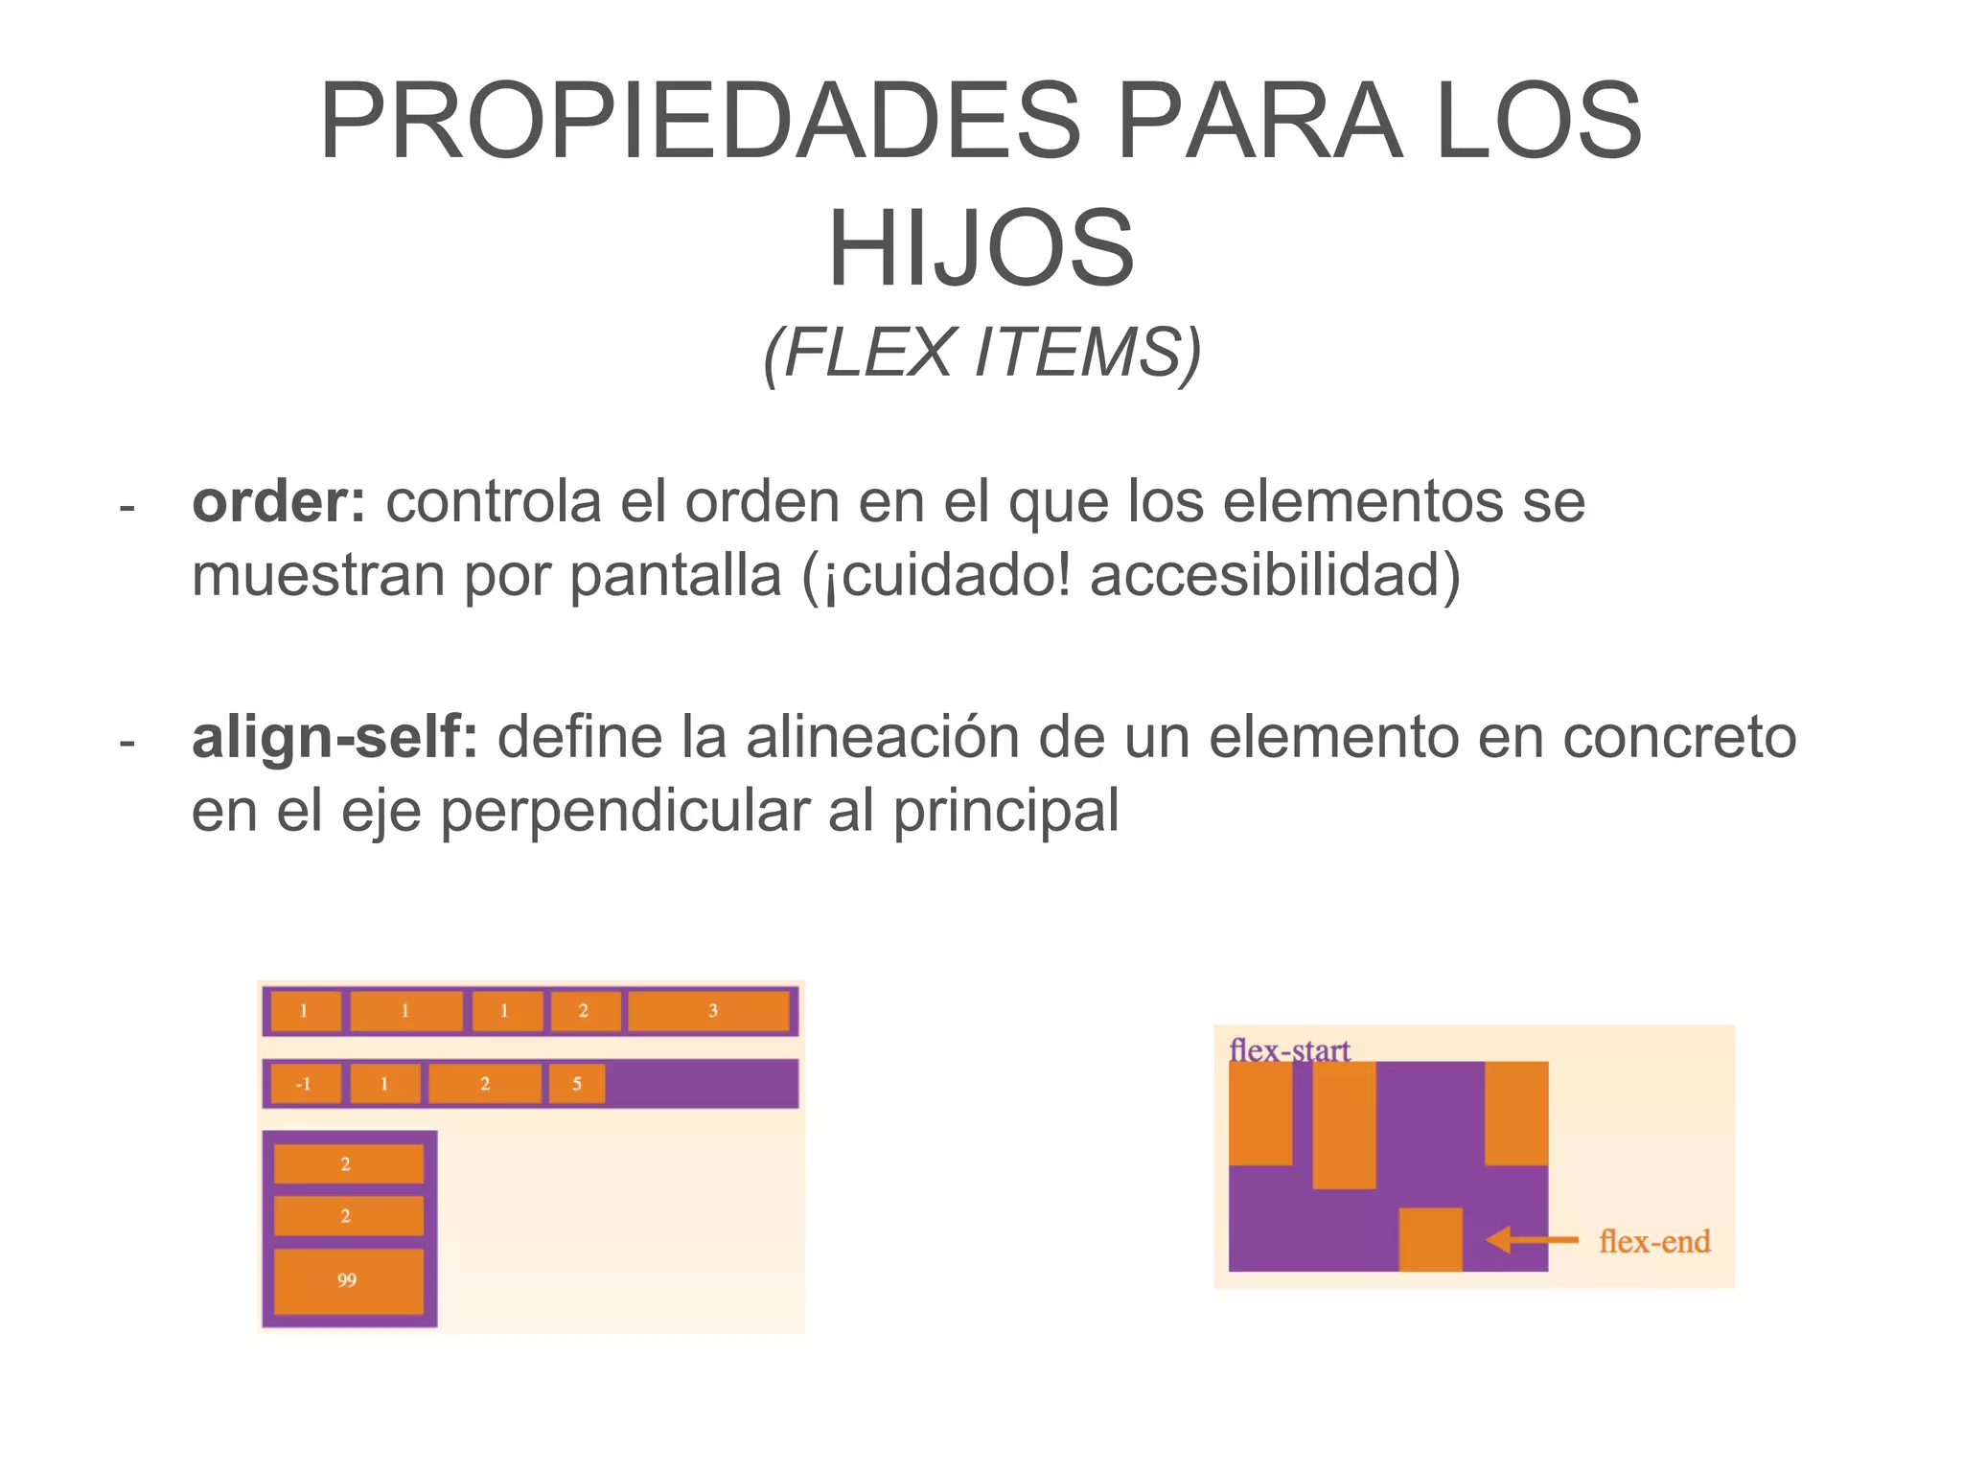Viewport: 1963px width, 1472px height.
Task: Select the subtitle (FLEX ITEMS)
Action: [x=981, y=353]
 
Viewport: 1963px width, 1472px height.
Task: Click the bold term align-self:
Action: [x=335, y=737]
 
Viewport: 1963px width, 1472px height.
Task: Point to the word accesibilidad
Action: [x=1265, y=575]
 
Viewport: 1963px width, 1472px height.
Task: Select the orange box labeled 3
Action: [x=708, y=1011]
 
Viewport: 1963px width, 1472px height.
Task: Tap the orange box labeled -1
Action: [x=305, y=1084]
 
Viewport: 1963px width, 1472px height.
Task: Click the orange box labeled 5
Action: [x=577, y=1084]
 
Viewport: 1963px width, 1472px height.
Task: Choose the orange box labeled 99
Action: [x=348, y=1280]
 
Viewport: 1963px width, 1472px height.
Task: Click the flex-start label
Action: [x=1289, y=1050]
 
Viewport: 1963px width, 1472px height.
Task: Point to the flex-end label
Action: [x=1654, y=1242]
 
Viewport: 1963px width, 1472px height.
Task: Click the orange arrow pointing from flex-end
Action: [x=1532, y=1240]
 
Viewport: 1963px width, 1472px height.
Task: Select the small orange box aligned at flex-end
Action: [x=1430, y=1239]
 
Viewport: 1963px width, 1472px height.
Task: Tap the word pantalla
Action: [x=675, y=575]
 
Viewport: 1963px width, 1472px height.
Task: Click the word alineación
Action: [x=882, y=737]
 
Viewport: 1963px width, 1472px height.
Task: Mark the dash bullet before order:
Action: [x=127, y=505]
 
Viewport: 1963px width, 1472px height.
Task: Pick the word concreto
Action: [x=1678, y=737]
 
